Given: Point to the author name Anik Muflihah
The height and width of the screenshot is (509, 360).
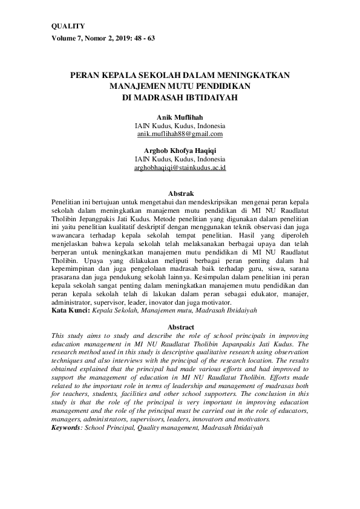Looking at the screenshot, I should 180,116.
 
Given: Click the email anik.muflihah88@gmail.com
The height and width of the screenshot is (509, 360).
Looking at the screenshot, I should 180,134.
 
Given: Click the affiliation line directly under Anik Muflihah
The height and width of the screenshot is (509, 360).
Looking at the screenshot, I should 180,125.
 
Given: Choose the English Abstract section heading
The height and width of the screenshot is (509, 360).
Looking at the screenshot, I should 180,326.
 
